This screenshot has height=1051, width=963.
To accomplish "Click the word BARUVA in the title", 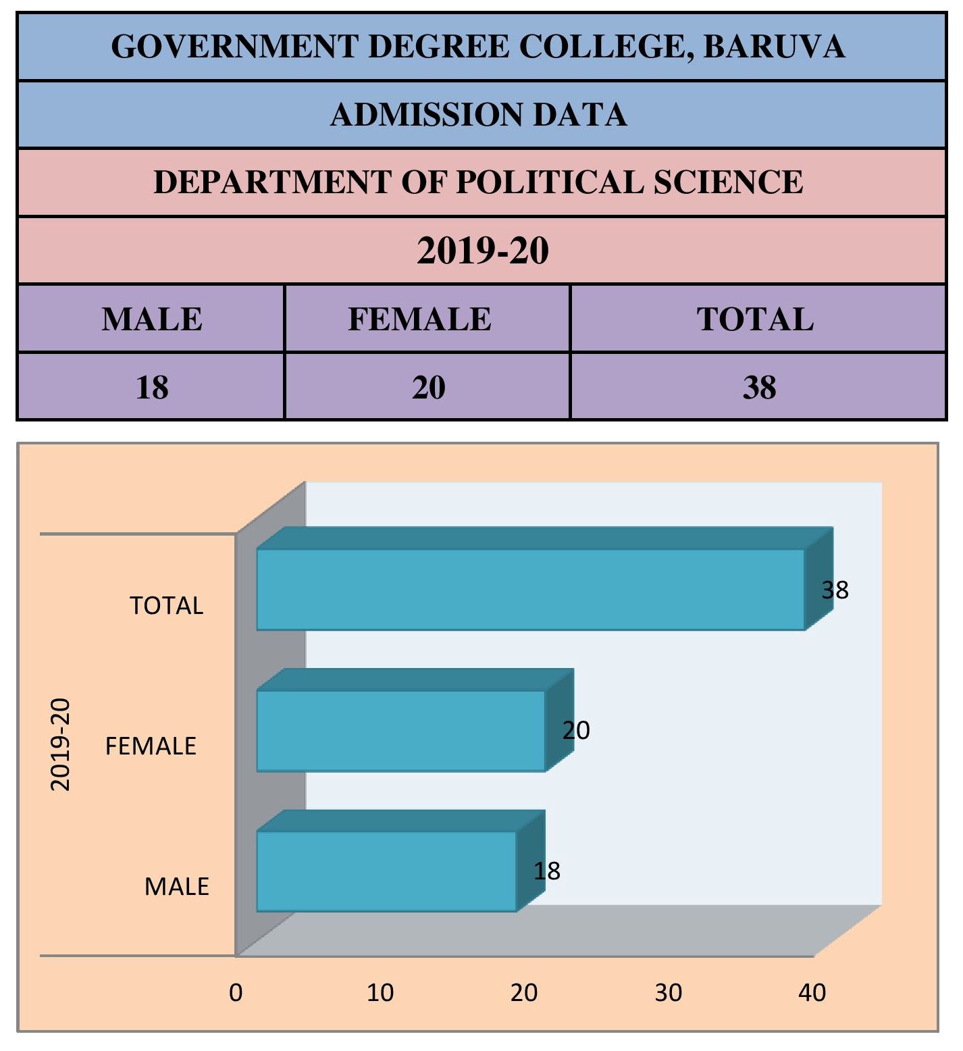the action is (774, 47).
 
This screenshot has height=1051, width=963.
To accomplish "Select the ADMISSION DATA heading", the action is (479, 114).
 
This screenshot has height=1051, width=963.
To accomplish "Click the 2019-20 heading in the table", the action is (482, 251).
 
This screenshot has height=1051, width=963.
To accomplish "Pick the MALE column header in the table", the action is (152, 319).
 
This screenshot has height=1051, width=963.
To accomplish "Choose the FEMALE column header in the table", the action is (419, 319).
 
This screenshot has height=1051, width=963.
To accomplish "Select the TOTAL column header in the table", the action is (755, 319).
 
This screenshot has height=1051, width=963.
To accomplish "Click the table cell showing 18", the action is (152, 387).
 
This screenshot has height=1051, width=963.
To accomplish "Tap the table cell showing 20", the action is (429, 387).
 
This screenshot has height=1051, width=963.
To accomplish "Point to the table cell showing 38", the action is (759, 387).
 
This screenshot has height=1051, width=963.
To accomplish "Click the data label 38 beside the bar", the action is (835, 590).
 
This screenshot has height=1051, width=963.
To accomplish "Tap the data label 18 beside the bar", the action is (547, 871).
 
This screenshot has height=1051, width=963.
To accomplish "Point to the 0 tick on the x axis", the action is (236, 992).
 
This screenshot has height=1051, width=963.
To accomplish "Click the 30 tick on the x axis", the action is (669, 992).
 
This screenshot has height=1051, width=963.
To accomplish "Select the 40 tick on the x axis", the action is (812, 992).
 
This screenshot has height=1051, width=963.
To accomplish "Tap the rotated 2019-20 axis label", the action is (60, 744).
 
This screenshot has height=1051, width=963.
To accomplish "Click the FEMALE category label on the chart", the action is (151, 746).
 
